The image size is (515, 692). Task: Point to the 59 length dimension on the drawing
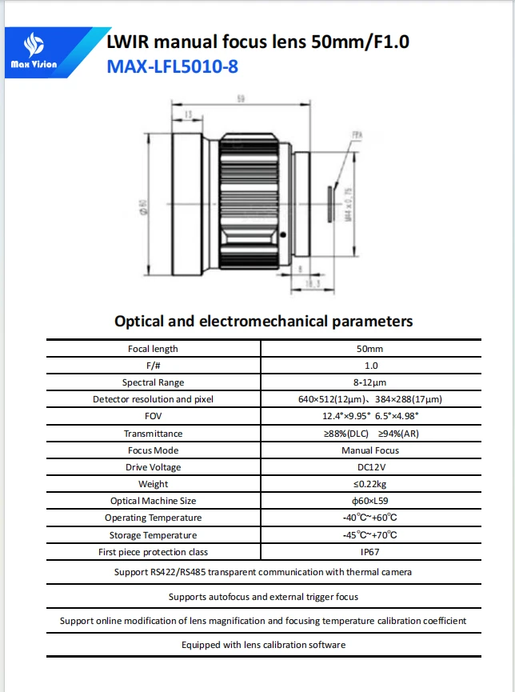point(239,99)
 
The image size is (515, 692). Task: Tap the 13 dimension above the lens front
point(188,115)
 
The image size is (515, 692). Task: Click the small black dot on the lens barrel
point(284,234)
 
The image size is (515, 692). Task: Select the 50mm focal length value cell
point(369,349)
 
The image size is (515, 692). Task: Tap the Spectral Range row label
point(153,382)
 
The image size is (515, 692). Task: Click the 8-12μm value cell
point(369,382)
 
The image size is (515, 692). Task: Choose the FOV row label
point(153,416)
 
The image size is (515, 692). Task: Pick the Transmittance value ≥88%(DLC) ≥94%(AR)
point(369,434)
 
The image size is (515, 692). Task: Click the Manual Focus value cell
point(369,450)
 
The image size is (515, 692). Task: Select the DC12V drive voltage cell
point(369,467)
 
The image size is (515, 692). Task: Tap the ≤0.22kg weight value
point(369,484)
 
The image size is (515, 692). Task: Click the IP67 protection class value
point(369,552)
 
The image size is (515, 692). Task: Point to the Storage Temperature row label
point(153,535)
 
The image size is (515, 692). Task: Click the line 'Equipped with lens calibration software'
point(263,645)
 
